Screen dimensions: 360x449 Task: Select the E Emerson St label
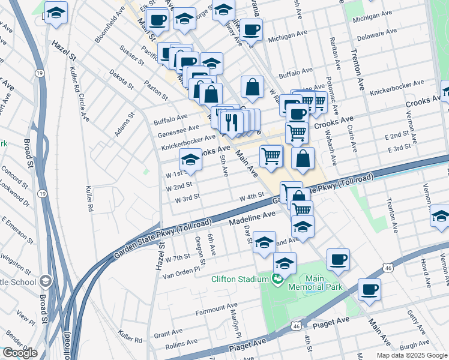pyautogui.click(x=15, y=228)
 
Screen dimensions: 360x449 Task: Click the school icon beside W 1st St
pyautogui.click(x=190, y=159)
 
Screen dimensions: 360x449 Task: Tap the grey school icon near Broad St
pyautogui.click(x=46, y=281)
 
